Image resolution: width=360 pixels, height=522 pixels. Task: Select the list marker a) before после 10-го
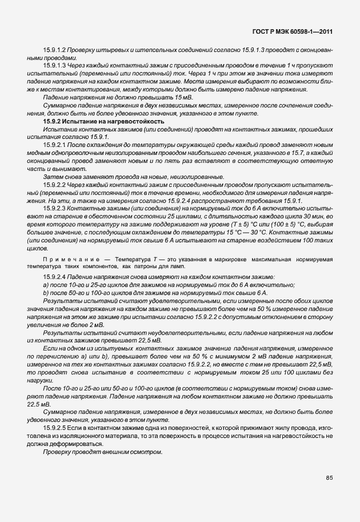pos(46,284)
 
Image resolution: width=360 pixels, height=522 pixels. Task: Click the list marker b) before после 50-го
pos(46,292)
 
